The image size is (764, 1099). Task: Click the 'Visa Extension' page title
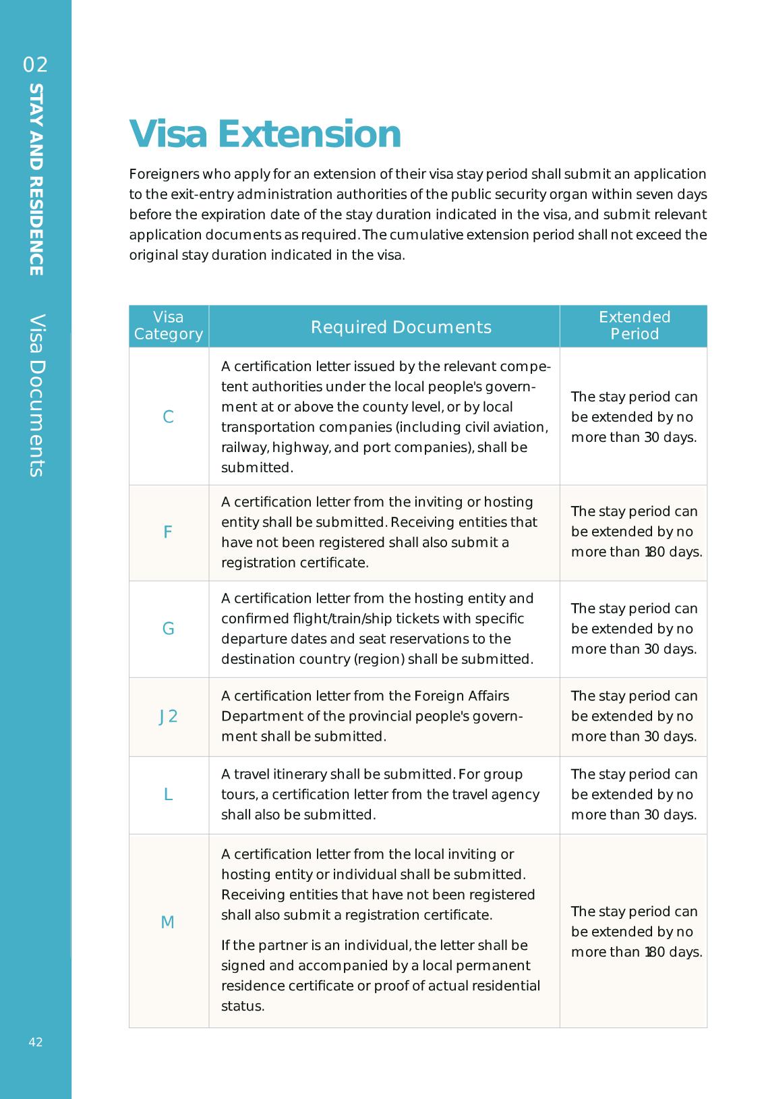pos(265,134)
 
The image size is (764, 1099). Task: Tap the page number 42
pos(36,1042)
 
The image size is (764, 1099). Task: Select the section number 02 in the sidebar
pos(36,65)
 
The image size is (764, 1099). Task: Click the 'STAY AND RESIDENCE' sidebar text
pos(36,179)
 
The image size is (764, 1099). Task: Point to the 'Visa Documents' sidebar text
pos(36,395)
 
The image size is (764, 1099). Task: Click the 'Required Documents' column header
pos(401,327)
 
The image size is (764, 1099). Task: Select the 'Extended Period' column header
pos(634,326)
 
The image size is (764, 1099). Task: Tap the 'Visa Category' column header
pos(169,326)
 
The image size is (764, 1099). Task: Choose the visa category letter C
pos(169,417)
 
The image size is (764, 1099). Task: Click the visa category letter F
pos(168,532)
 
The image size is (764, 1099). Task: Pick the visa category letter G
pos(169,629)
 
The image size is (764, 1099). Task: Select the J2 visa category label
pos(169,716)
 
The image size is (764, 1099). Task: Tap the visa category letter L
pos(169,795)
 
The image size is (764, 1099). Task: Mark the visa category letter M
pos(168,922)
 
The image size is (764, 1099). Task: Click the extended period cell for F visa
pos(634,532)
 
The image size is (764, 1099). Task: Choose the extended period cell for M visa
pos(634,932)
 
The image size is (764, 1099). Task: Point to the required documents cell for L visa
pos(380,795)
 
